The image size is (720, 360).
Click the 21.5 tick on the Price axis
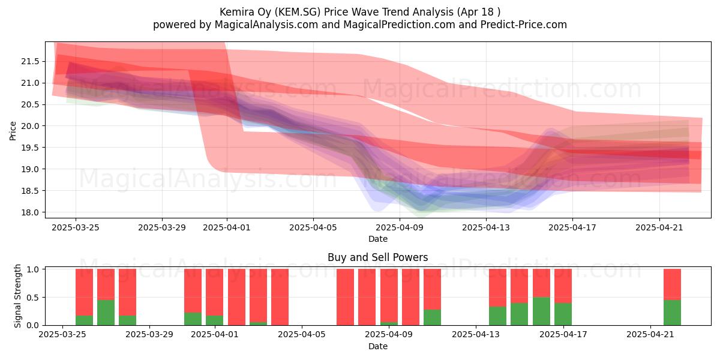[x=30, y=61]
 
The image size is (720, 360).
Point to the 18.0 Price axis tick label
[x=30, y=212]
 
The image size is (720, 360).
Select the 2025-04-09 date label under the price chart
[x=400, y=227]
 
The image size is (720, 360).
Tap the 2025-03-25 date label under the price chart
[x=76, y=227]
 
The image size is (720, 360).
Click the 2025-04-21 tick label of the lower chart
[x=650, y=335]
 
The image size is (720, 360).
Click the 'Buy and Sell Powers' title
[x=377, y=257]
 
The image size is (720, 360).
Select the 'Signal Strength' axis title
[x=17, y=296]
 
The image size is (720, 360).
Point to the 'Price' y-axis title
[x=13, y=131]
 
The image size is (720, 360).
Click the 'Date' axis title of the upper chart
[x=377, y=239]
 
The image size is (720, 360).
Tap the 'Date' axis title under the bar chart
[x=377, y=347]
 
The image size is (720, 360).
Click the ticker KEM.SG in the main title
[x=299, y=12]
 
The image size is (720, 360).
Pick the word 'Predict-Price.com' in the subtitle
[x=524, y=25]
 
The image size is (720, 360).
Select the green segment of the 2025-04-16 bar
[x=541, y=311]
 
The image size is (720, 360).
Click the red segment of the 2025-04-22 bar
[x=672, y=284]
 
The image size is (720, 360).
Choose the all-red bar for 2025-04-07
[x=345, y=297]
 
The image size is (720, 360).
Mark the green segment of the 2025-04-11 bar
[x=432, y=317]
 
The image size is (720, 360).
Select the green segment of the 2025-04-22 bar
[x=672, y=313]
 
